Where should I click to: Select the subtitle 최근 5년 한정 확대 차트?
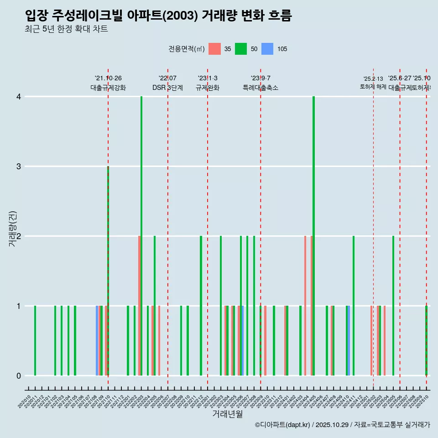tap(67, 29)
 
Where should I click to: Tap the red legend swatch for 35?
tap(214, 49)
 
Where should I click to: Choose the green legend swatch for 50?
tap(241, 49)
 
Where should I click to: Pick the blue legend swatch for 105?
tap(267, 49)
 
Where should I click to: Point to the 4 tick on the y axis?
tap(19, 97)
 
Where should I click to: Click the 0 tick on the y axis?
tap(19, 375)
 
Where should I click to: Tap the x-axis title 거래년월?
tap(227, 414)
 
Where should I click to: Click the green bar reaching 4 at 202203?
tap(141, 236)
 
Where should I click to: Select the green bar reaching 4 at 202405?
tap(314, 236)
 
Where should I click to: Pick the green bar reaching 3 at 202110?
tap(108, 271)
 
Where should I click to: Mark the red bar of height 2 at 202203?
tap(139, 306)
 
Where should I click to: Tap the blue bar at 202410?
tap(349, 340)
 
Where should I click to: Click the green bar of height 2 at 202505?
tap(393, 306)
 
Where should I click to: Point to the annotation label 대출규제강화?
tap(108, 88)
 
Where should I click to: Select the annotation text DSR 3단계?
tap(167, 88)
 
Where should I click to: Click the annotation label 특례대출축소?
tap(260, 88)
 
